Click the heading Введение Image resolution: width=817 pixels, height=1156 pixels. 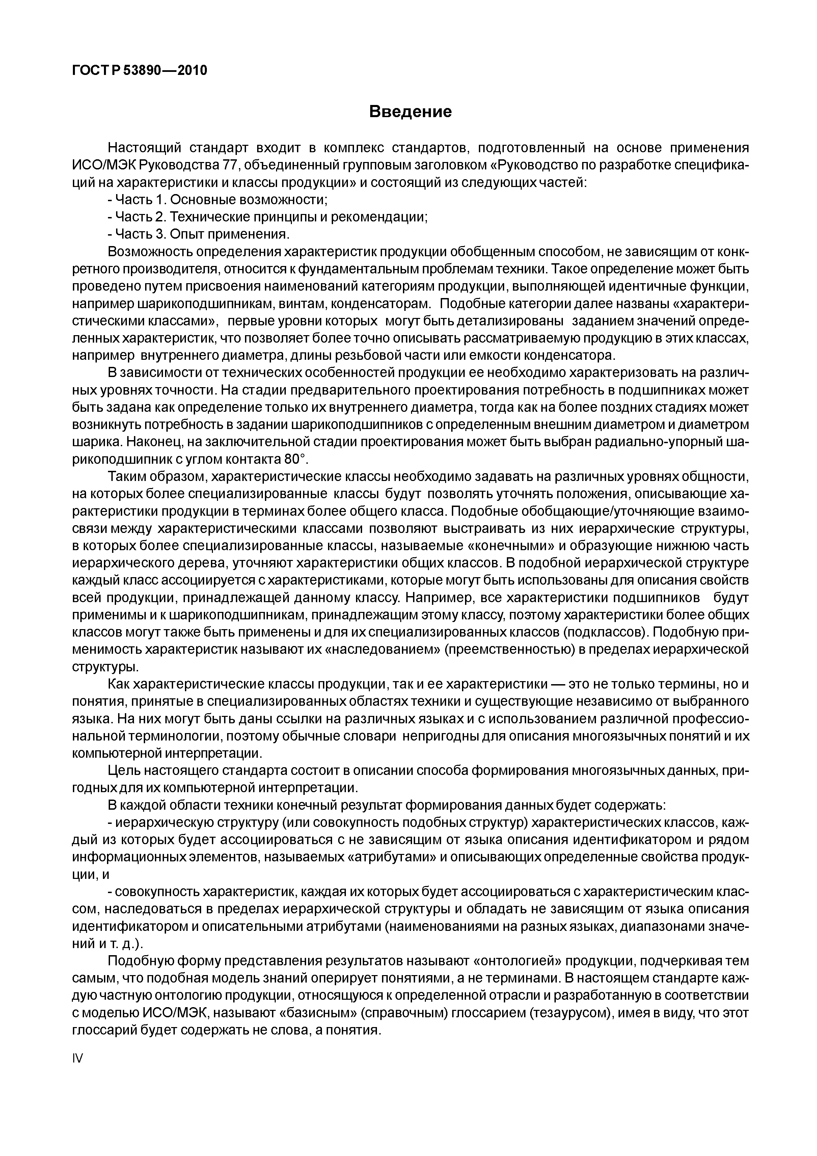tap(410, 111)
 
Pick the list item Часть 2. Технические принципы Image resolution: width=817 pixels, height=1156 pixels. tap(268, 217)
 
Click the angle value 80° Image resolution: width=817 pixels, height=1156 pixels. tap(292, 459)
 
